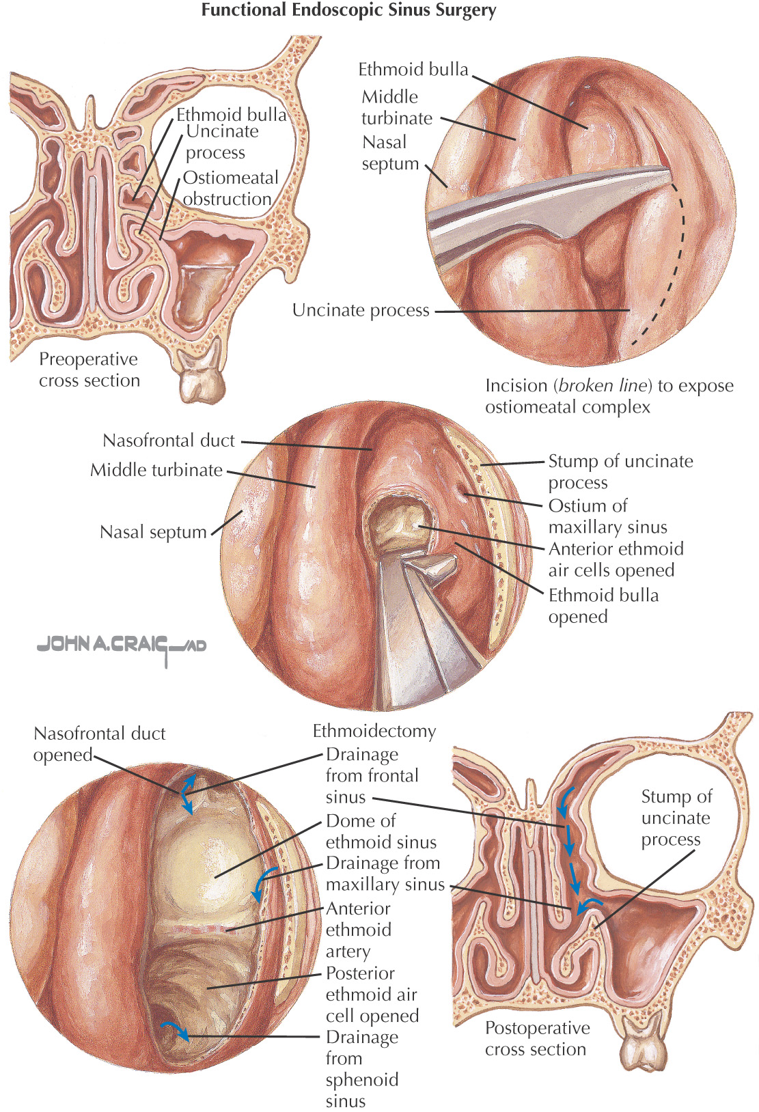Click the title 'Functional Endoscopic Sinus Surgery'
[348, 11]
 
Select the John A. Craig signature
[122, 645]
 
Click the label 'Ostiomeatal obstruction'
[230, 189]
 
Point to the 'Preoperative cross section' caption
[89, 370]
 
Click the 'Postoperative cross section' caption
[537, 1038]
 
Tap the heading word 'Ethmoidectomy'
[374, 732]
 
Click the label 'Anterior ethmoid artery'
[358, 930]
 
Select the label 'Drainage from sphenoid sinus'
[361, 1069]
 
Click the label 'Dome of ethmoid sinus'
[381, 831]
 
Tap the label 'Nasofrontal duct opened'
[99, 744]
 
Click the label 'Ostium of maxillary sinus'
[607, 516]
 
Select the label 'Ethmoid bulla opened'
[603, 606]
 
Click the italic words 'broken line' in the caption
[601, 386]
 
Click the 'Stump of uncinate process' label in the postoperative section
[676, 818]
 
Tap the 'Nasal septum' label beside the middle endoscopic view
[153, 532]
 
